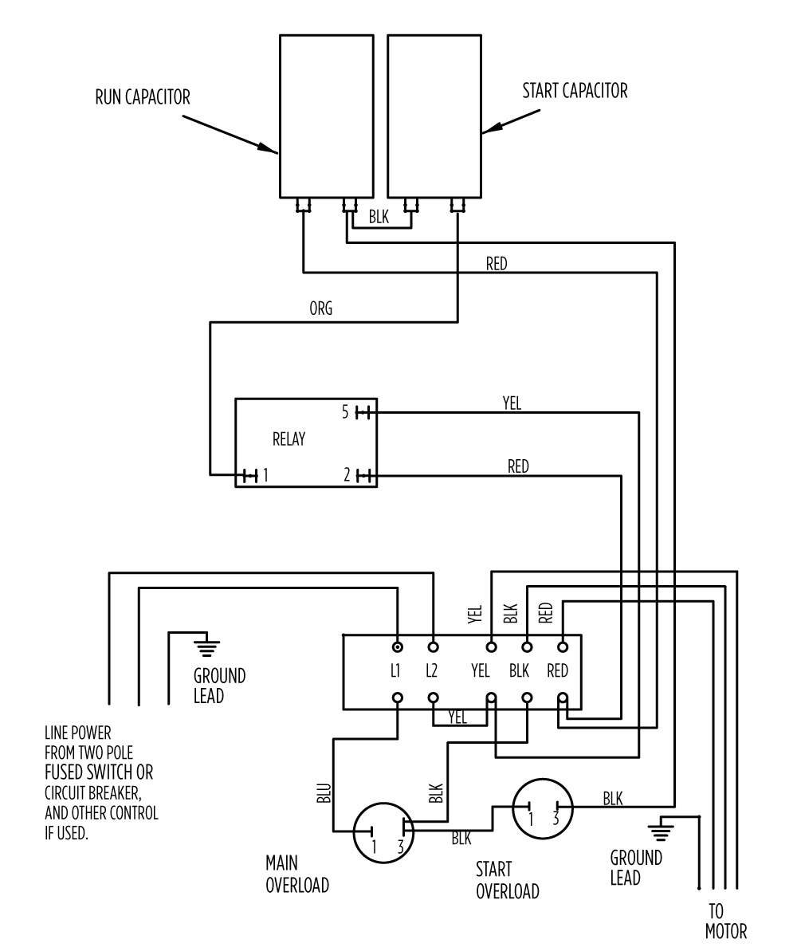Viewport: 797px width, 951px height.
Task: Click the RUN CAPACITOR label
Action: (x=143, y=97)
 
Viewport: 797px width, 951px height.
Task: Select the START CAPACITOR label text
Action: (x=575, y=90)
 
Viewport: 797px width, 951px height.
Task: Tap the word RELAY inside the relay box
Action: (x=289, y=439)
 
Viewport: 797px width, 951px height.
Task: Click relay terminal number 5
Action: (x=345, y=413)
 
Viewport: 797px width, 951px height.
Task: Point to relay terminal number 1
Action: (x=265, y=476)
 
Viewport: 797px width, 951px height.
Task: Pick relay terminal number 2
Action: (x=347, y=476)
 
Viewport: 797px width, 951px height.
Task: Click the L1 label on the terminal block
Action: (x=395, y=670)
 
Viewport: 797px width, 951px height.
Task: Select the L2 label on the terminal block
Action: (x=431, y=670)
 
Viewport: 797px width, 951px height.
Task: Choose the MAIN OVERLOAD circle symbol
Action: (x=383, y=832)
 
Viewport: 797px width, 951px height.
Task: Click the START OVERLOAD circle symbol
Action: (x=542, y=808)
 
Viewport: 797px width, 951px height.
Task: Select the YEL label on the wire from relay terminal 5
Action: (x=511, y=404)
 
